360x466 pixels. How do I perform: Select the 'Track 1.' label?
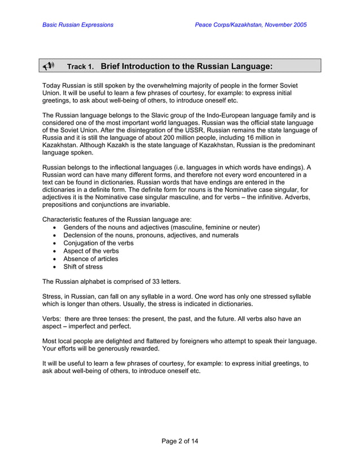pyautogui.click(x=80, y=67)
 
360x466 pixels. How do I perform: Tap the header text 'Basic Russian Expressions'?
pyautogui.click(x=78, y=25)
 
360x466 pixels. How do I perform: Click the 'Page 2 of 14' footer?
pyautogui.click(x=180, y=441)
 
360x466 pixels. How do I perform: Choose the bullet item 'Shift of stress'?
pyautogui.click(x=83, y=267)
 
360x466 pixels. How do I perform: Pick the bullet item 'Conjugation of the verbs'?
pyautogui.click(x=98, y=243)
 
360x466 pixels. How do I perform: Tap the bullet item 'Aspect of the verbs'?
pyautogui.click(x=91, y=251)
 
